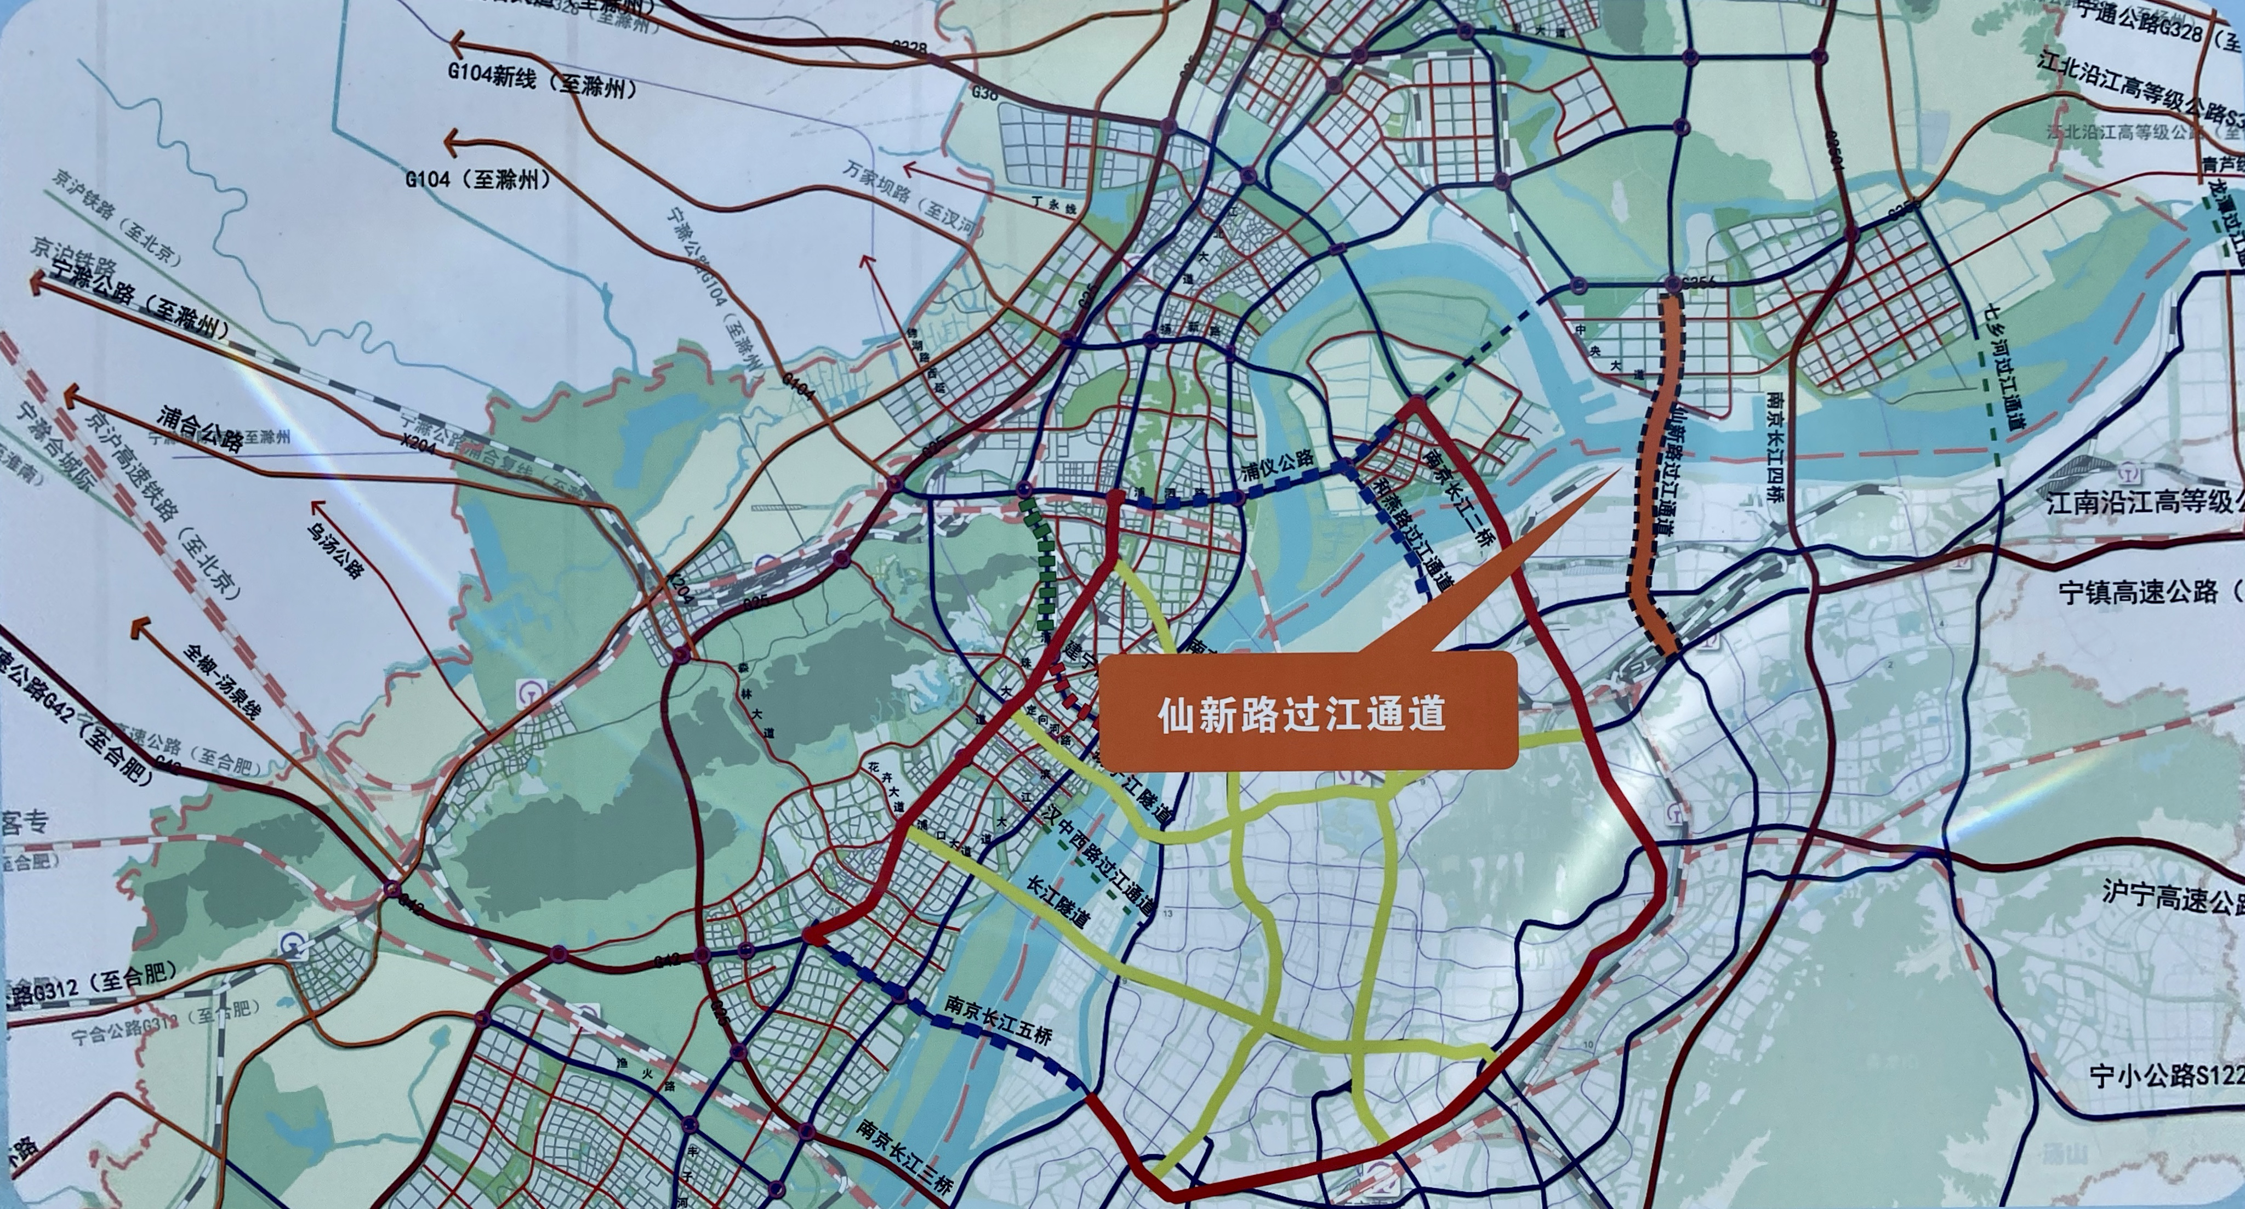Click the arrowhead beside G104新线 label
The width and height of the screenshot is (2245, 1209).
[458, 42]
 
